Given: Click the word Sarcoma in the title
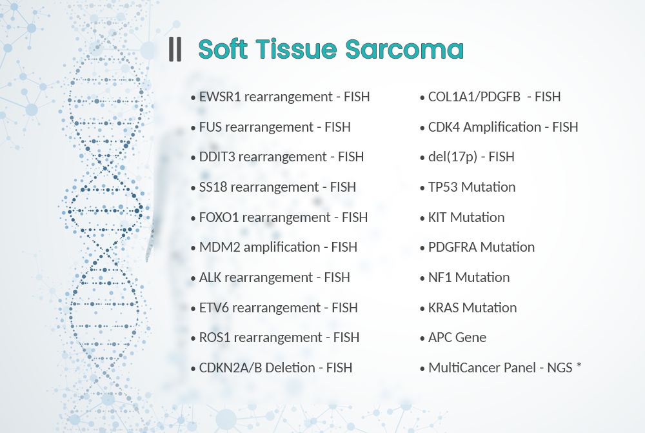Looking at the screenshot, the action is point(404,50).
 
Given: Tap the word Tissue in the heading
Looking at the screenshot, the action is point(297,50).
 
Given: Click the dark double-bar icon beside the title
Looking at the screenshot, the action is point(175,50).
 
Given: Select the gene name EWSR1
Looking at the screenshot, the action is point(220,97).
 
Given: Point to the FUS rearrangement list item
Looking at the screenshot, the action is point(275,127).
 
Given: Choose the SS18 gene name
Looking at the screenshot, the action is point(213,187).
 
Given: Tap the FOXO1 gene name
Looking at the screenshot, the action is point(219,217).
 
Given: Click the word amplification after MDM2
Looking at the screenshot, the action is point(282,247).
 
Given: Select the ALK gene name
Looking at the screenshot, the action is point(210,277).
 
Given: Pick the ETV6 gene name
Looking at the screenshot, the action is point(214,308).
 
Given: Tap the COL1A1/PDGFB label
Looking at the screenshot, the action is point(474,97).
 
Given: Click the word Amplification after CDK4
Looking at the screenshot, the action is point(502,127).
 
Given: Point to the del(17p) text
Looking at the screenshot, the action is point(453,157).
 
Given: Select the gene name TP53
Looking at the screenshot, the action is point(442,187).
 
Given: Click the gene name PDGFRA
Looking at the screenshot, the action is point(453,247).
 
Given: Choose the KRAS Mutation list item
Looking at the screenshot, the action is point(472,308).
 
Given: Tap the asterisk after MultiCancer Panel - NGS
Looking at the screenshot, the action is point(579,365).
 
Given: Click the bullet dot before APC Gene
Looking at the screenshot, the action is point(422,339).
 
